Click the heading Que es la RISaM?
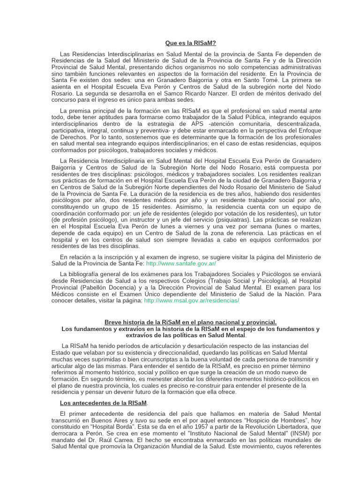pyautogui.click(x=191, y=43)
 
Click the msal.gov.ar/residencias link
pyautogui.click(x=191, y=300)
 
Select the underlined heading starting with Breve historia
pyautogui.click(x=190, y=322)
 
